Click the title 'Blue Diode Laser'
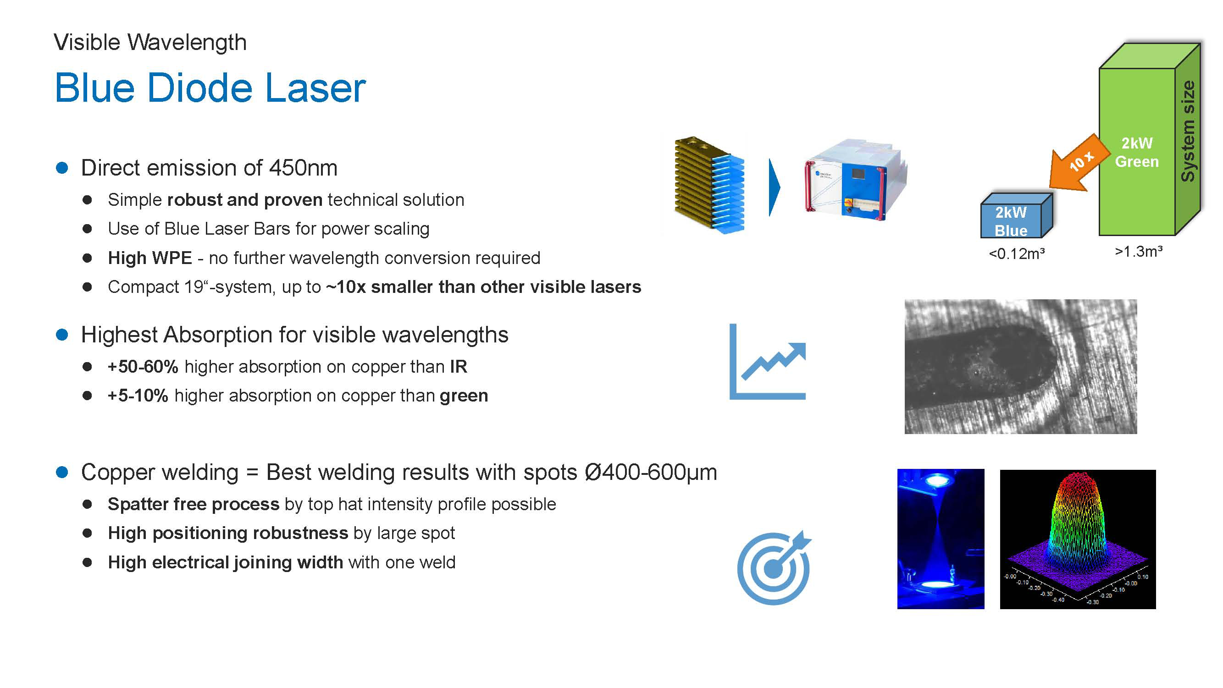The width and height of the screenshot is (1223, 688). [x=210, y=88]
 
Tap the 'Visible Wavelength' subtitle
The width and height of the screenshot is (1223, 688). [x=150, y=42]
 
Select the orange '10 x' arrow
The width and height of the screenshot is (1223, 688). [x=1079, y=163]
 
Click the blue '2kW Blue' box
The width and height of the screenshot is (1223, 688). [x=1017, y=215]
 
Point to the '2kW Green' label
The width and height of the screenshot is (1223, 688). [x=1137, y=152]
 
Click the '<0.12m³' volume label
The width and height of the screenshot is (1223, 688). [x=1017, y=254]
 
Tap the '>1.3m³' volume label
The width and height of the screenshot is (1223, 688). [x=1139, y=252]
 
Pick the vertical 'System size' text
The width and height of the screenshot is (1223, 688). [x=1187, y=131]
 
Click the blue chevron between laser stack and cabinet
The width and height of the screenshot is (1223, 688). [x=774, y=187]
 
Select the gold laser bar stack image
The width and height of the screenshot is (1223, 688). [x=709, y=185]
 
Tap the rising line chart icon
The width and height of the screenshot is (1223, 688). [x=767, y=362]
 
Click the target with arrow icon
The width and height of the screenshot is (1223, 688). [x=774, y=567]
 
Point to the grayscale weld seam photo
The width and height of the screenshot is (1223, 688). [x=1021, y=366]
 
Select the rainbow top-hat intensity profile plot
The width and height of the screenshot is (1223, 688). [x=1078, y=539]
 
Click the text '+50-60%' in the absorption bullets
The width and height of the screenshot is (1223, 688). [x=143, y=366]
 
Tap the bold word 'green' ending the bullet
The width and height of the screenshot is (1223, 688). [x=464, y=396]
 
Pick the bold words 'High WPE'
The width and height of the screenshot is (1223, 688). [x=150, y=258]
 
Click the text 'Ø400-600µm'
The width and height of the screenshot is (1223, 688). [x=651, y=472]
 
